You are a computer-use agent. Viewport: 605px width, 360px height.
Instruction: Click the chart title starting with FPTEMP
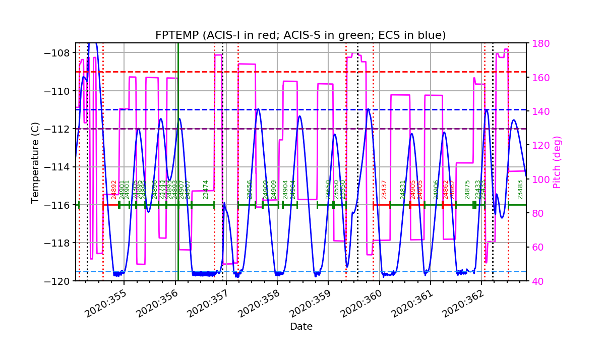(300, 35)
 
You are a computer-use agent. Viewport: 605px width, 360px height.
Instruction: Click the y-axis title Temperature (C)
(35, 162)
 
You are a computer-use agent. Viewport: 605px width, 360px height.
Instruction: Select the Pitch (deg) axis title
(557, 162)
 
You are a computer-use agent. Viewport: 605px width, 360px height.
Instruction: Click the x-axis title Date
(301, 327)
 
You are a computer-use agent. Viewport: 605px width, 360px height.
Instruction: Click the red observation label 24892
(114, 190)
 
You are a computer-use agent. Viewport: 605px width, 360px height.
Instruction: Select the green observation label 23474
(206, 190)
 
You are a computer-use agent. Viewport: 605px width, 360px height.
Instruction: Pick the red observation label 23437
(384, 190)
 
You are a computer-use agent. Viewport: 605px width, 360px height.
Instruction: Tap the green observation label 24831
(403, 190)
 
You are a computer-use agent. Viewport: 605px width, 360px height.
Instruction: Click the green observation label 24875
(467, 190)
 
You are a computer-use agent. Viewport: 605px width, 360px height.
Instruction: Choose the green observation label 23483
(520, 190)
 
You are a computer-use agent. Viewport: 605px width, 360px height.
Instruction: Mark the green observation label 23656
(249, 190)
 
